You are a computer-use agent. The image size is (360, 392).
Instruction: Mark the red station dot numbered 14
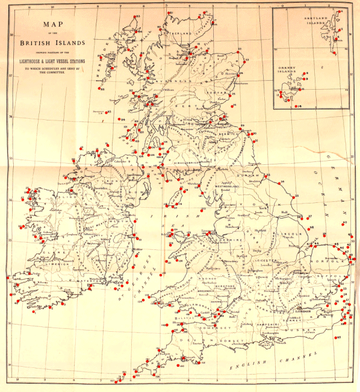click(x=296, y=107)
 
